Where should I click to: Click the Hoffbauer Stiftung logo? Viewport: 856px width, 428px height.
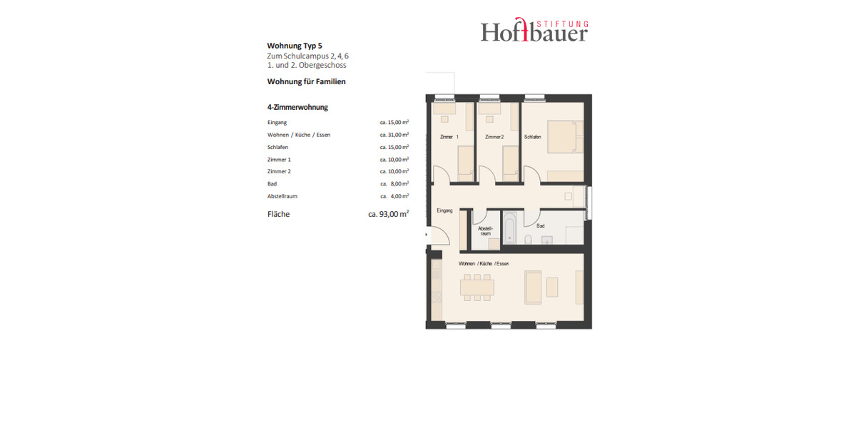pyautogui.click(x=534, y=30)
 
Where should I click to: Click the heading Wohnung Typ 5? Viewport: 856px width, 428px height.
pyautogui.click(x=290, y=46)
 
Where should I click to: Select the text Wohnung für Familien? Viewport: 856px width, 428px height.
pyautogui.click(x=306, y=81)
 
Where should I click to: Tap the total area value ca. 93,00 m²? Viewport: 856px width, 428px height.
pyautogui.click(x=388, y=213)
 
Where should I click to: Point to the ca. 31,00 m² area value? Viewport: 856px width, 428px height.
pyautogui.click(x=394, y=135)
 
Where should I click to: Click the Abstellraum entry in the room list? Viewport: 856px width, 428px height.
pyautogui.click(x=282, y=196)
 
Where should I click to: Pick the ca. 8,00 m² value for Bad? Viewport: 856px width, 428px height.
pyautogui.click(x=394, y=184)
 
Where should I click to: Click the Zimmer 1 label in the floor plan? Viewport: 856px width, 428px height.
pyautogui.click(x=449, y=137)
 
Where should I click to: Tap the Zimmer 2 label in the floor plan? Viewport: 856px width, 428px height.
pyautogui.click(x=494, y=137)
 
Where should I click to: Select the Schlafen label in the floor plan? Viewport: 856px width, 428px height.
pyautogui.click(x=532, y=137)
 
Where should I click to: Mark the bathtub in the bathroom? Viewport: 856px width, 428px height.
pyautogui.click(x=511, y=228)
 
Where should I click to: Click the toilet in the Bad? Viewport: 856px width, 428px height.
pyautogui.click(x=528, y=239)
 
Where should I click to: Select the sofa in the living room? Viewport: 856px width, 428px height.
pyautogui.click(x=533, y=287)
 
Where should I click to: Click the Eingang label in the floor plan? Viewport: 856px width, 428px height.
pyautogui.click(x=444, y=210)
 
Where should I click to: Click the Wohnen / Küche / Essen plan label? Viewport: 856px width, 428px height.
pyautogui.click(x=484, y=264)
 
